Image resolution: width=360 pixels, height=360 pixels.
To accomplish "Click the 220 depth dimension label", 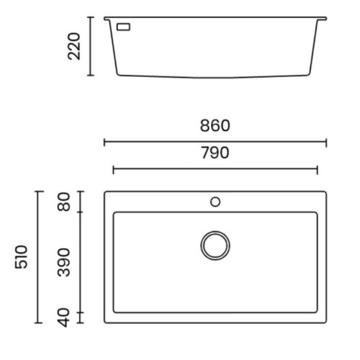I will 73,46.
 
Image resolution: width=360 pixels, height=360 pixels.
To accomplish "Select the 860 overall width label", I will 215,126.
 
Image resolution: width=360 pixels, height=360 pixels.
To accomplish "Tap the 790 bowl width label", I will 215,153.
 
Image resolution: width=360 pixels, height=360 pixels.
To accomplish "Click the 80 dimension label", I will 63,202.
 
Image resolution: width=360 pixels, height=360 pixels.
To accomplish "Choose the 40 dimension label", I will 63,317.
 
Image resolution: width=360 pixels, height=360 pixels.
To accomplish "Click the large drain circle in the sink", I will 214,246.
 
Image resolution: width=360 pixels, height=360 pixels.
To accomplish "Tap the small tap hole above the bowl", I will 215,202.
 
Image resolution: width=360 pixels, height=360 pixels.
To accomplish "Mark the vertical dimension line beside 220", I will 90,46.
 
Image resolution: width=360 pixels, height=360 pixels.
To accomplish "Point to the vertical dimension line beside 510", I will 39,257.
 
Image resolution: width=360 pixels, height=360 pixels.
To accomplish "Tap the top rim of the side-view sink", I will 215,18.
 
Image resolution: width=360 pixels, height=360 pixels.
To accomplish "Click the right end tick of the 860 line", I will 326,142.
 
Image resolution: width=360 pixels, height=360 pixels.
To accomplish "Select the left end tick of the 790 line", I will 114,169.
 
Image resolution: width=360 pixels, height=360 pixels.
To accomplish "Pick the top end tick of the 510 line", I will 39,191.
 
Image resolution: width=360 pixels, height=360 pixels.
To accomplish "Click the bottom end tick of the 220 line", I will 90,75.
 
